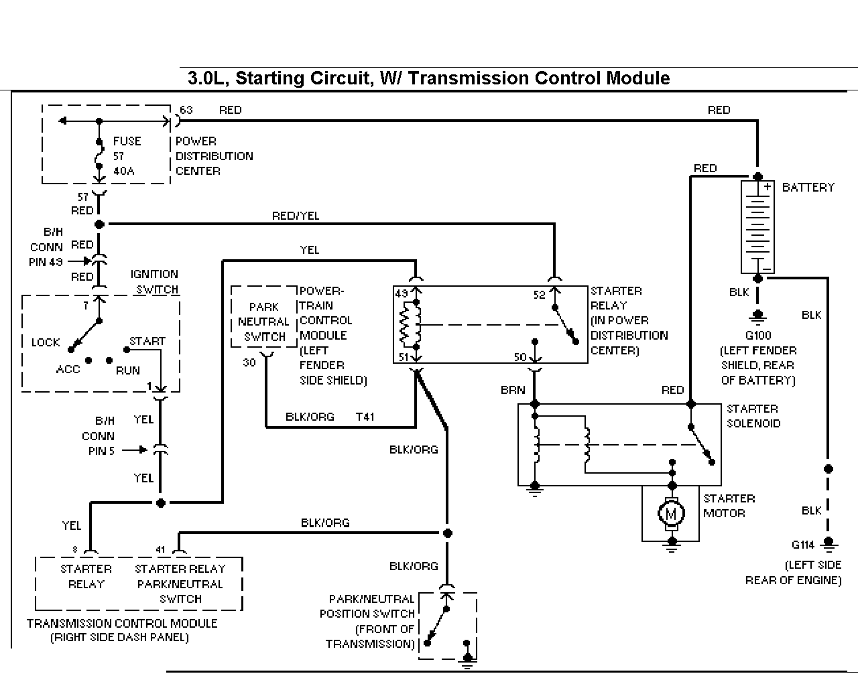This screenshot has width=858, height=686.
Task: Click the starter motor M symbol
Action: [672, 513]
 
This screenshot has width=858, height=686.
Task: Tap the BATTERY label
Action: [808, 188]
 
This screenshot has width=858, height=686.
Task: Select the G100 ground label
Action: [758, 335]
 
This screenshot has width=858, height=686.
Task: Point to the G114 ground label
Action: [802, 545]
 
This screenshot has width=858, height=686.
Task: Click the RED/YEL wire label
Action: [296, 216]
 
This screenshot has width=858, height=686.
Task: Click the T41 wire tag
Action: [365, 417]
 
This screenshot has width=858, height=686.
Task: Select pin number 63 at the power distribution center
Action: [186, 110]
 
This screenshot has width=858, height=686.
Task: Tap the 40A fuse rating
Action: [123, 171]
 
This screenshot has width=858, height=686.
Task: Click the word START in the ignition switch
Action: [147, 341]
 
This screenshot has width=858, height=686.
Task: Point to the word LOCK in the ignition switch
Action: [46, 342]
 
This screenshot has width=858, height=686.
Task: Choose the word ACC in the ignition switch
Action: [68, 369]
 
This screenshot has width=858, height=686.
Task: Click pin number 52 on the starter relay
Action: [539, 295]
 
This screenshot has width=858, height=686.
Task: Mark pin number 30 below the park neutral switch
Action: [249, 362]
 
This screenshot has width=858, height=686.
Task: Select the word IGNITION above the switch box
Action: [154, 274]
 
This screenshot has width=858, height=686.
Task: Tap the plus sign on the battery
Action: [767, 186]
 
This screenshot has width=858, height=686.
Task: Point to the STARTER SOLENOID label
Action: [753, 416]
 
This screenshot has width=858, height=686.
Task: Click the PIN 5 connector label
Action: [101, 451]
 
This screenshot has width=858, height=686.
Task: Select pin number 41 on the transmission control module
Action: [160, 549]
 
